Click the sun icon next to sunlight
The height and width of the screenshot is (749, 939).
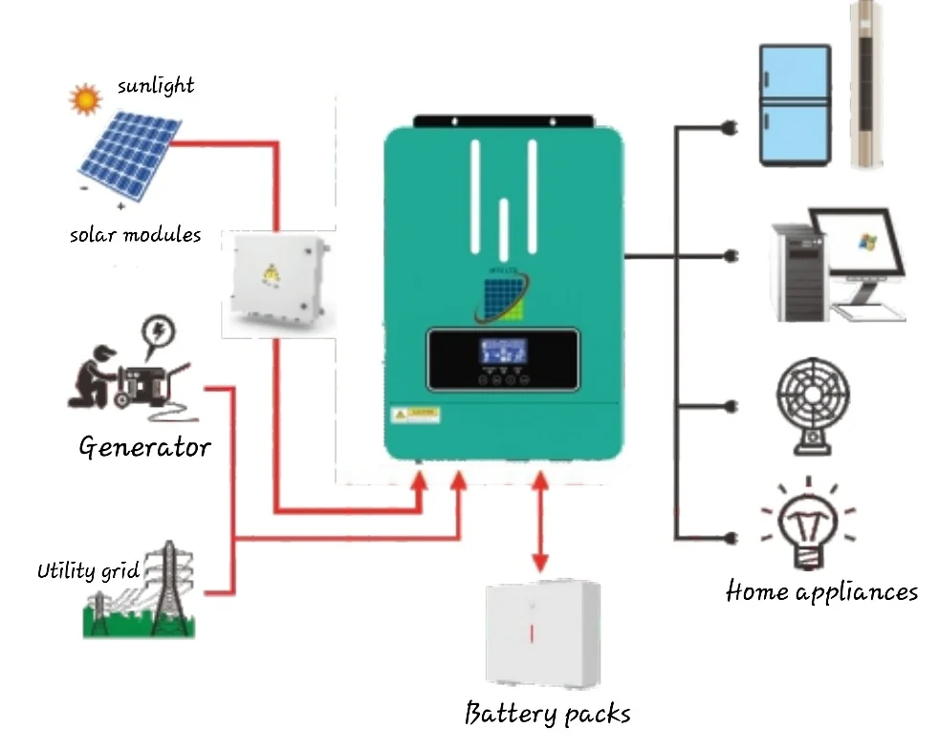point(85,98)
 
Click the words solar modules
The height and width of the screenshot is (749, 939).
point(135,234)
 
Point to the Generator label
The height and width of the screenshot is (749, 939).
point(144,446)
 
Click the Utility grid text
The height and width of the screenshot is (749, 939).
point(88,571)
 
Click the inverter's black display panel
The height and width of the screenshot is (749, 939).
point(503,359)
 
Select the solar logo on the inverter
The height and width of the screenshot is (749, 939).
point(502,297)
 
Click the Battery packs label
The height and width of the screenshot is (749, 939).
point(547,713)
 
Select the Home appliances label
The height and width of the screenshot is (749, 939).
point(821,591)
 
